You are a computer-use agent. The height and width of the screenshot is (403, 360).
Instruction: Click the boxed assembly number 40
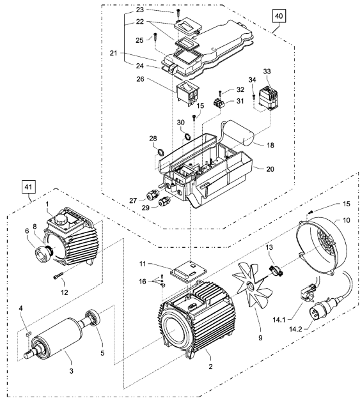[279, 16]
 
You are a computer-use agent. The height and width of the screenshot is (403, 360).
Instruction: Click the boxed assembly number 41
[28, 187]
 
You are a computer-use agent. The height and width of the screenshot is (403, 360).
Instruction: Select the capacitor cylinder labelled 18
[239, 133]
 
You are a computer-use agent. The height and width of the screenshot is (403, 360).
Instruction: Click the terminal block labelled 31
[219, 103]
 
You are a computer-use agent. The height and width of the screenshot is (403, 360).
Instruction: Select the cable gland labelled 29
[164, 202]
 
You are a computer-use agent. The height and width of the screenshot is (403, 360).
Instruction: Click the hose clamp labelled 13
[275, 270]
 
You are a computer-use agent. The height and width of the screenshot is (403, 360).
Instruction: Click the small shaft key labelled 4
[28, 332]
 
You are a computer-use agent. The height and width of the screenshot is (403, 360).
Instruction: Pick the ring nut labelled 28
[160, 152]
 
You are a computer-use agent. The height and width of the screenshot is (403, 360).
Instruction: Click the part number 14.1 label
[279, 320]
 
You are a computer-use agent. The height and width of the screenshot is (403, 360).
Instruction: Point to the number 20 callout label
[270, 169]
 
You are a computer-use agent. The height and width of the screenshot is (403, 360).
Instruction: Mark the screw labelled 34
[253, 97]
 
